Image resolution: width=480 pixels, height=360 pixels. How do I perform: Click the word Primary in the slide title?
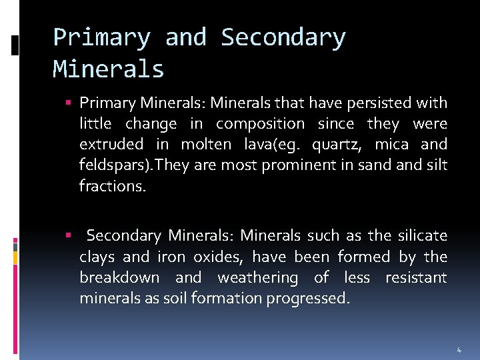click(101, 37)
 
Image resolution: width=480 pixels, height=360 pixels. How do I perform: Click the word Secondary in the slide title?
click(283, 37)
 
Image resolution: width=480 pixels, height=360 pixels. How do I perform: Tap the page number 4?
click(459, 349)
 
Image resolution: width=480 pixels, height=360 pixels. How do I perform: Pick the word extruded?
click(111, 144)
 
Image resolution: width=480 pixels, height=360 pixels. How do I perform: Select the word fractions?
click(111, 185)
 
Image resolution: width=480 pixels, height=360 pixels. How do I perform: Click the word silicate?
click(422, 235)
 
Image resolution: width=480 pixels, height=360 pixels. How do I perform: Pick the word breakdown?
click(119, 277)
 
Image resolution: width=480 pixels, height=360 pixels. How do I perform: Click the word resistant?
click(416, 277)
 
